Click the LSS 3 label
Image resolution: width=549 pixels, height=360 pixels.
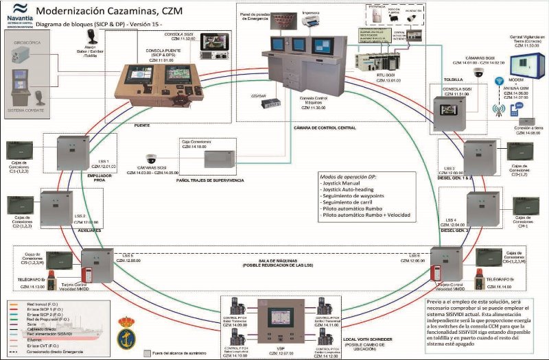coord(449,168)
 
